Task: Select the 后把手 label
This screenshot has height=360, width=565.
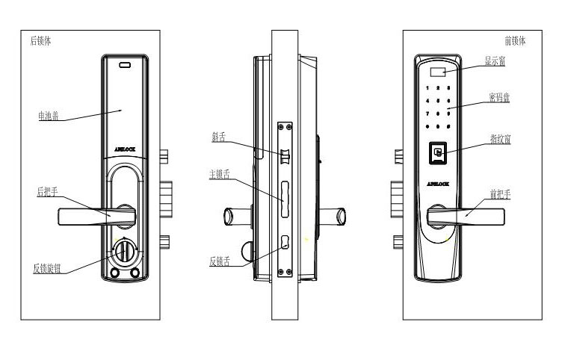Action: pos(48,192)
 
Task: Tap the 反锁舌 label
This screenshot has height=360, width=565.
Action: pos(219,261)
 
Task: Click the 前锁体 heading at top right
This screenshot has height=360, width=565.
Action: pos(515,41)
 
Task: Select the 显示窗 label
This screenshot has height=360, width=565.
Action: pos(495,61)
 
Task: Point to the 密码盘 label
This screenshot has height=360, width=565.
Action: pos(498,98)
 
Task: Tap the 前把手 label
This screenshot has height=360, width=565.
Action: pos(499,193)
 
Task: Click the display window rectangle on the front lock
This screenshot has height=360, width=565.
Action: pos(438,73)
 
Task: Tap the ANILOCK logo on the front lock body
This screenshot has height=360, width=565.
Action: pos(437,181)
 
